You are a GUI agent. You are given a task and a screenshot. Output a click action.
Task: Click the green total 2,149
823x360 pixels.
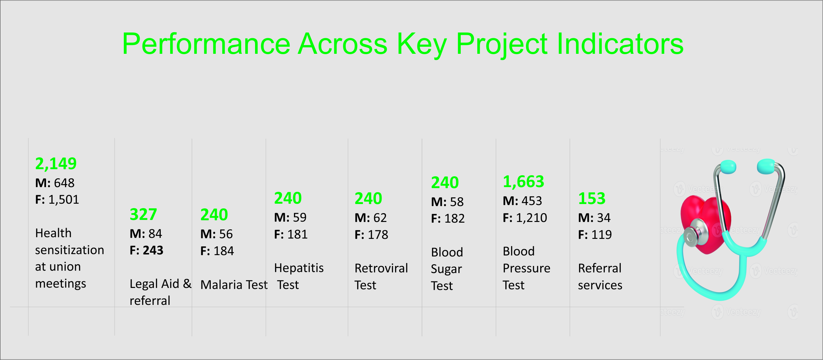(56, 164)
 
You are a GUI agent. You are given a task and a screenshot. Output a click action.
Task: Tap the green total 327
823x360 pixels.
(143, 215)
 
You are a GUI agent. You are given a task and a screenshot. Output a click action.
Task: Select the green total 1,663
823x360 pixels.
(523, 182)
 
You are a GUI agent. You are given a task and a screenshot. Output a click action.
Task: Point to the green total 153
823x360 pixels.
(592, 199)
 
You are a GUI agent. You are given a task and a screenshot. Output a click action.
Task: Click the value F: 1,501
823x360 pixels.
(57, 200)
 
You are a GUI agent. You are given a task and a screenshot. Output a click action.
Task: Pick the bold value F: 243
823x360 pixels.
(146, 250)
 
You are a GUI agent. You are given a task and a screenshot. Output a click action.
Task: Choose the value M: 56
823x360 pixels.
(216, 234)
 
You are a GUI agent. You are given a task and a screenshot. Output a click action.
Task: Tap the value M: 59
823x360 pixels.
(290, 217)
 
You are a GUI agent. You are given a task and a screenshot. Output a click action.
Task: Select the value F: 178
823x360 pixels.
(371, 235)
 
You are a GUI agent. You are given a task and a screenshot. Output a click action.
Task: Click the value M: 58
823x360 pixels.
(447, 202)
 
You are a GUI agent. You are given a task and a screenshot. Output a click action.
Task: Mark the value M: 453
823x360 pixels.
(522, 201)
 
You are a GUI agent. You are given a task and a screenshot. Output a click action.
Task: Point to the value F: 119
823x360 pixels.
(595, 235)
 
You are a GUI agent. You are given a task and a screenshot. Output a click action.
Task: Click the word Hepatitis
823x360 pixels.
(299, 268)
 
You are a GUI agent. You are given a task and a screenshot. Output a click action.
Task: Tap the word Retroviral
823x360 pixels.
(381, 268)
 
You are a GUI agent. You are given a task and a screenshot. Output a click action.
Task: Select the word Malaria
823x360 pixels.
(222, 285)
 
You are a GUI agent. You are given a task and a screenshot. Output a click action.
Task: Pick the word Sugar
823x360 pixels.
(446, 270)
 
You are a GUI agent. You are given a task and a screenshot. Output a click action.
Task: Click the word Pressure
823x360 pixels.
(526, 268)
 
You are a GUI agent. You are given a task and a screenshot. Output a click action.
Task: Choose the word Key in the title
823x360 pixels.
(422, 45)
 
